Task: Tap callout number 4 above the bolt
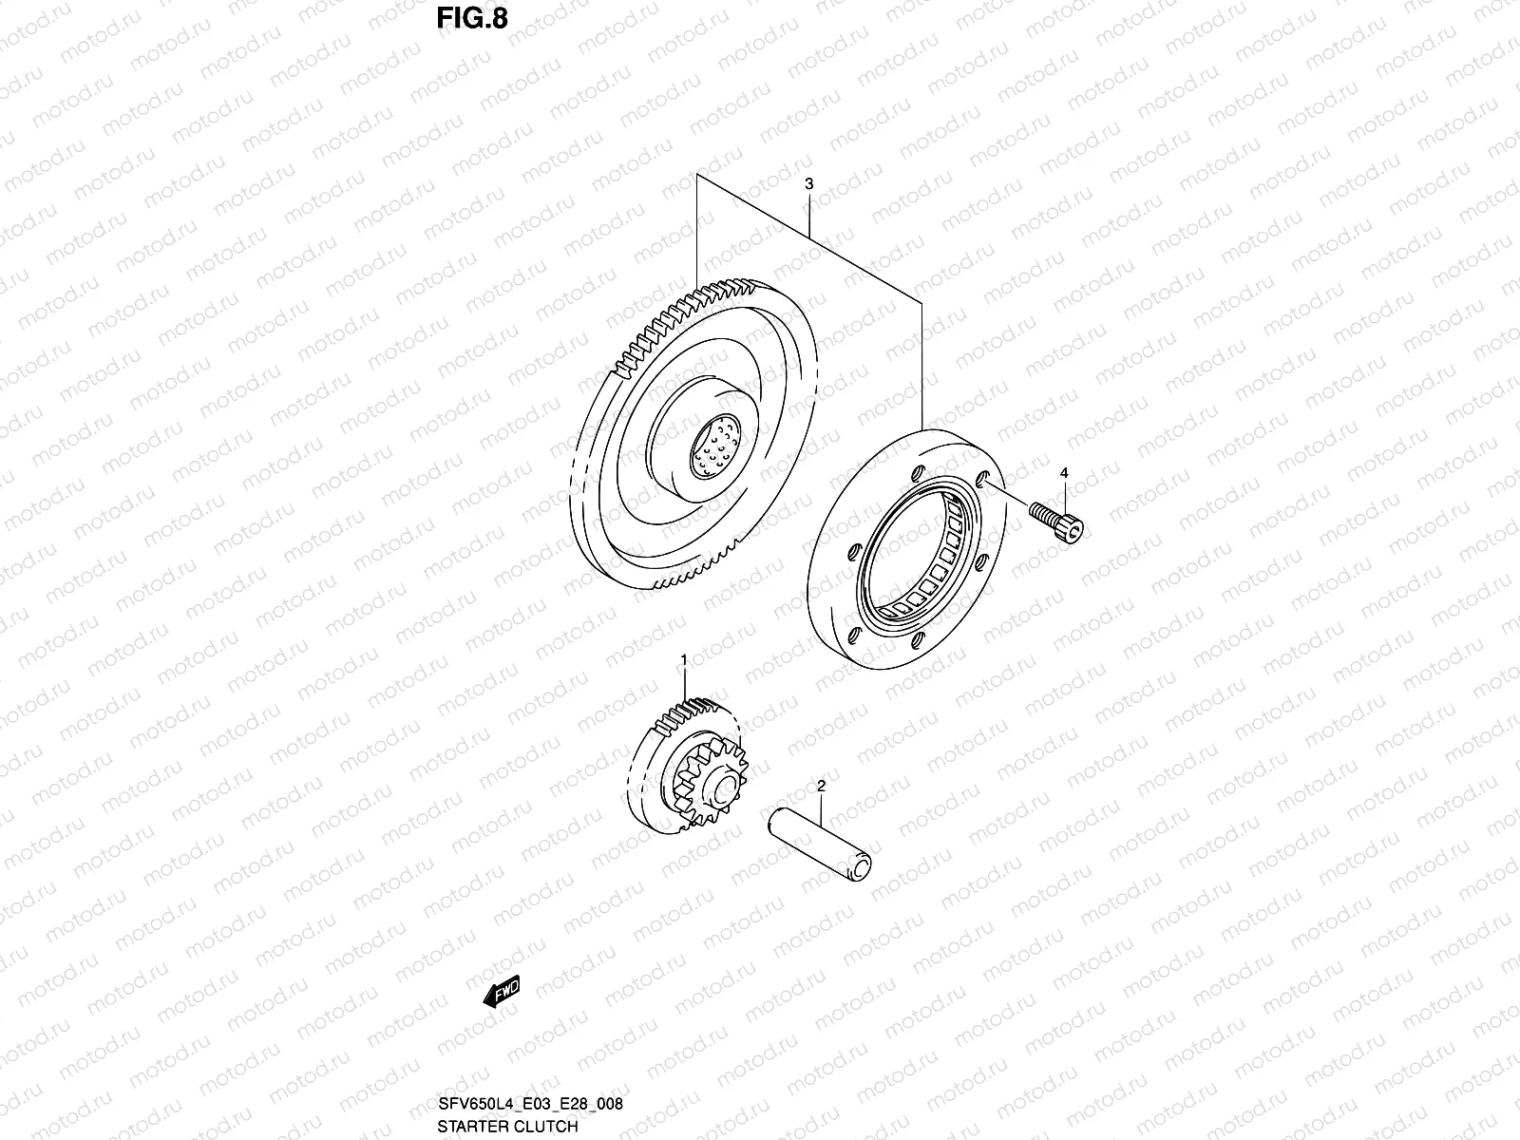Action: point(1064,472)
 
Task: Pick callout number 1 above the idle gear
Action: point(683,658)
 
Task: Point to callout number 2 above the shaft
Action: point(821,786)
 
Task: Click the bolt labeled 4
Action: point(1055,522)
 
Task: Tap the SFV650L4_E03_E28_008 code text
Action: point(530,1104)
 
